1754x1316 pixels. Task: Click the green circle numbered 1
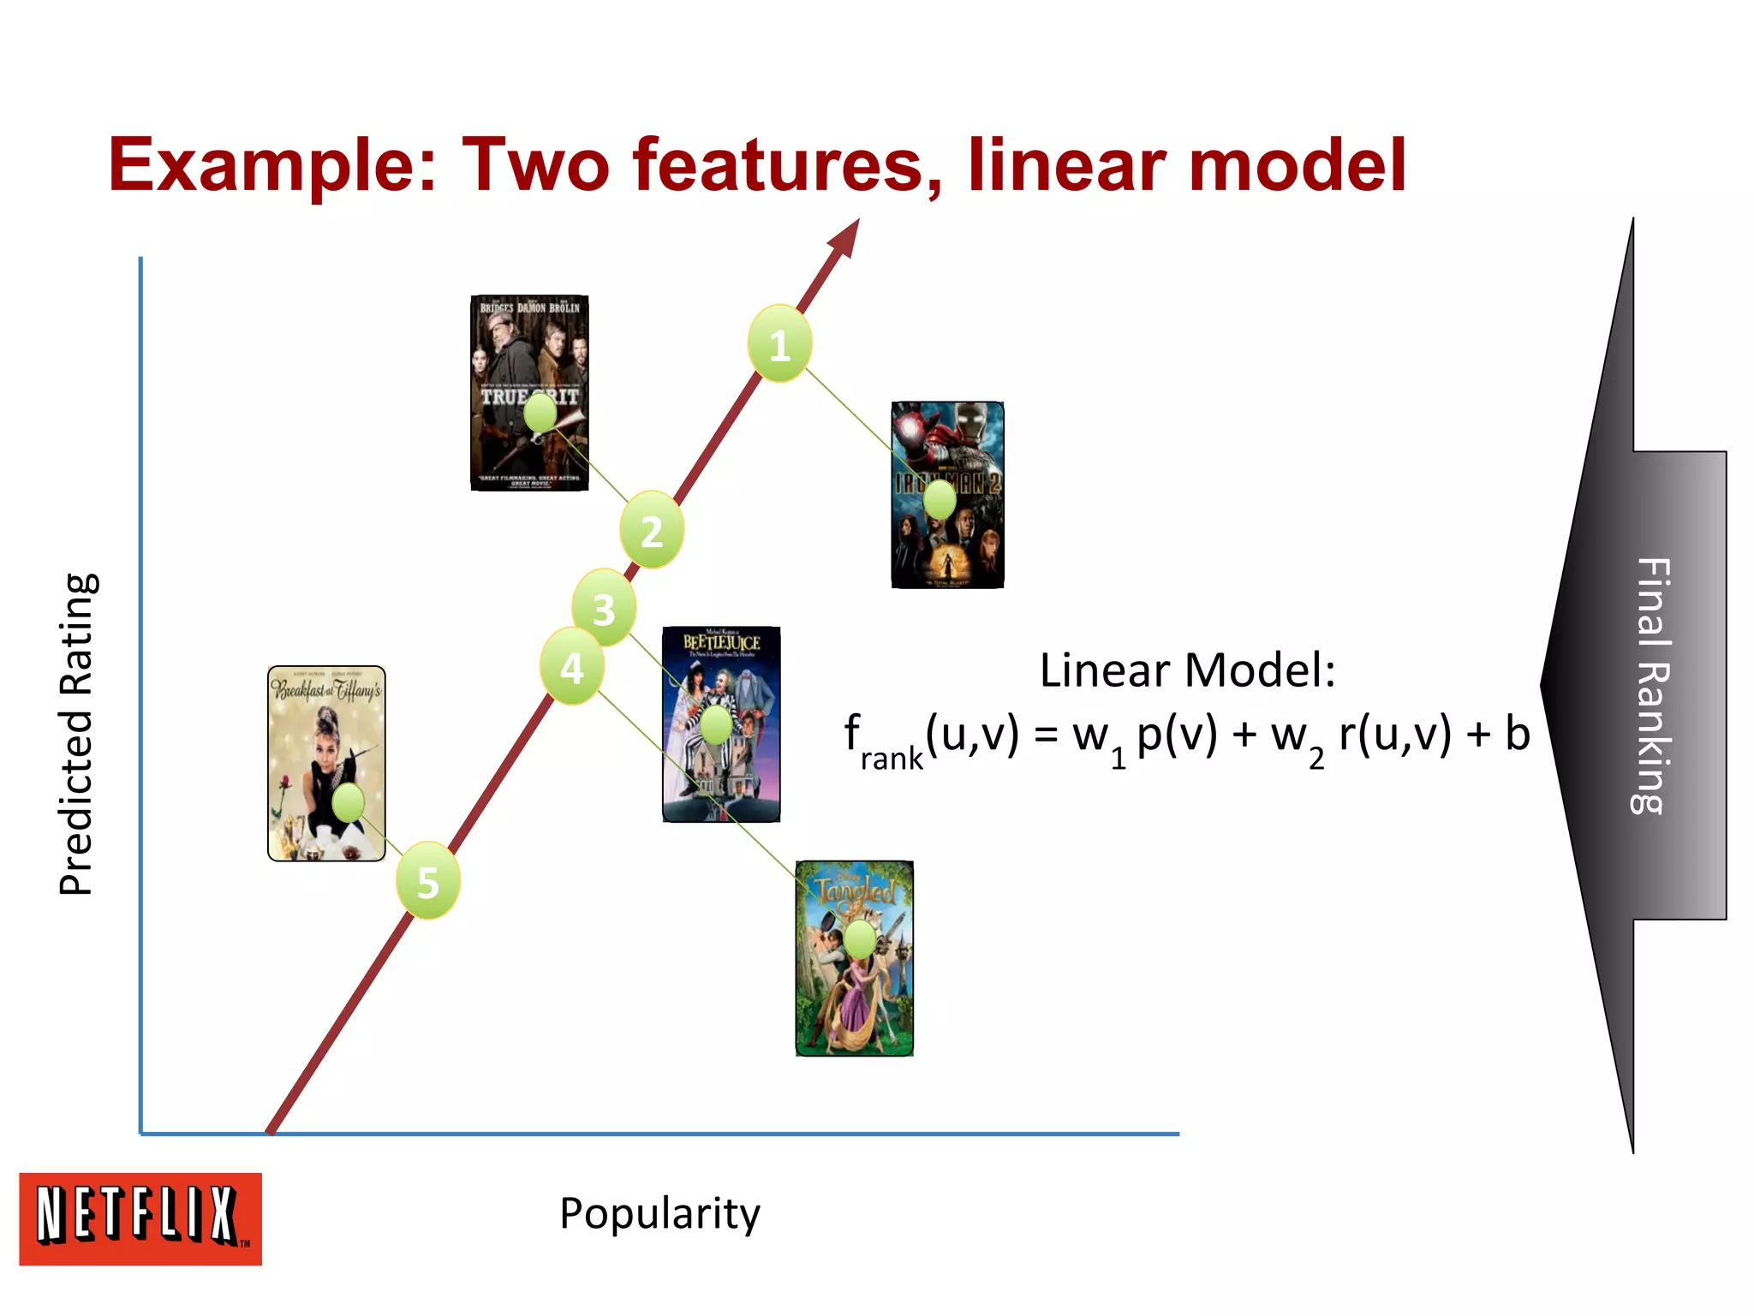tap(779, 344)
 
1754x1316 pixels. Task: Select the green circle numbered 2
tap(652, 531)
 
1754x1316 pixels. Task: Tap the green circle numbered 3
tap(604, 609)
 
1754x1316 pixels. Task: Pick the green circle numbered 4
tap(571, 667)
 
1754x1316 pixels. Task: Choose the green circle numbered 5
tap(427, 882)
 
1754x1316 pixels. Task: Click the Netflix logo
tap(140, 1218)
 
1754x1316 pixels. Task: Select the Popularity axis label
tap(659, 1213)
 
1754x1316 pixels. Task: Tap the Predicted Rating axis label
tap(77, 734)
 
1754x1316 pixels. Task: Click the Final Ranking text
tap(1652, 685)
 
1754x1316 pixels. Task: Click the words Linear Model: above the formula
tap(1187, 670)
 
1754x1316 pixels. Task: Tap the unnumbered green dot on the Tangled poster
tap(860, 940)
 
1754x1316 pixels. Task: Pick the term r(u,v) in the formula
tap(1395, 734)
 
